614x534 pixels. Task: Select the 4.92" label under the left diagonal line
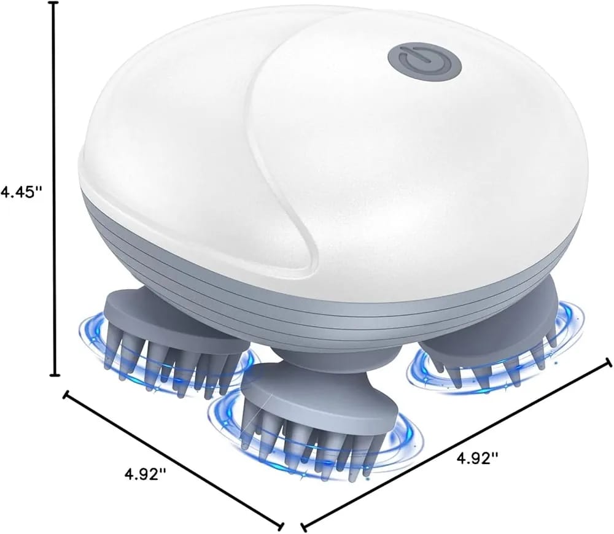[146, 474]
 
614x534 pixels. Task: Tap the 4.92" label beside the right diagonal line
[477, 457]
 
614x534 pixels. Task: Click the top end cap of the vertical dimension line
[55, 3]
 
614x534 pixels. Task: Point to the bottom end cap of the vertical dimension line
[55, 374]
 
